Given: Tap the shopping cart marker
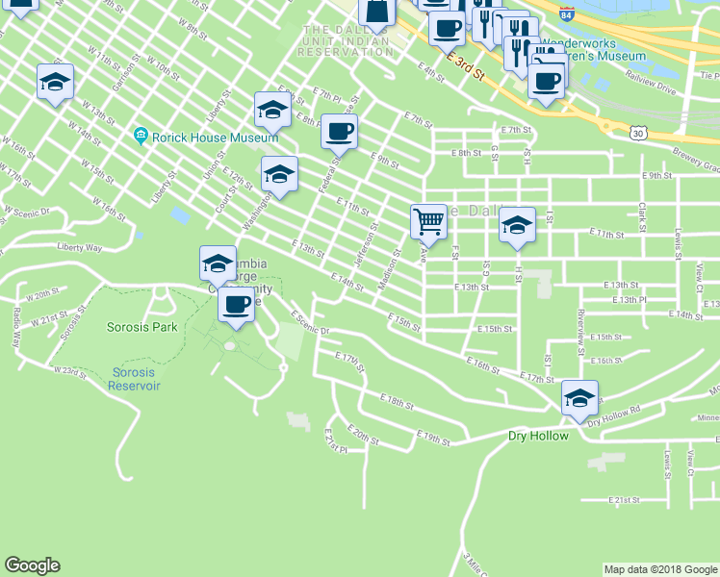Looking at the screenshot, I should point(428,220).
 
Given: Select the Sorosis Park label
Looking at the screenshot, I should point(140,327).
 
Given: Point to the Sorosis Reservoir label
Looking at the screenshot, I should point(135,379).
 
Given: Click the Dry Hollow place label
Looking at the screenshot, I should point(538,436).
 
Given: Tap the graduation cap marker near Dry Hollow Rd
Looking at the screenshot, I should point(579,397).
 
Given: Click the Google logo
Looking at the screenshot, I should point(32,565).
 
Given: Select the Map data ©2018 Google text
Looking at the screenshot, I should point(659,569).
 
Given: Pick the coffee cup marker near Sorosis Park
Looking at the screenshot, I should point(235,305).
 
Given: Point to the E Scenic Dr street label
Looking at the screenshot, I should point(310,323).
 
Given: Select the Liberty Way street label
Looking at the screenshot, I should point(80,247).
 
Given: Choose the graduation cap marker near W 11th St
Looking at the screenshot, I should point(55,82).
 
